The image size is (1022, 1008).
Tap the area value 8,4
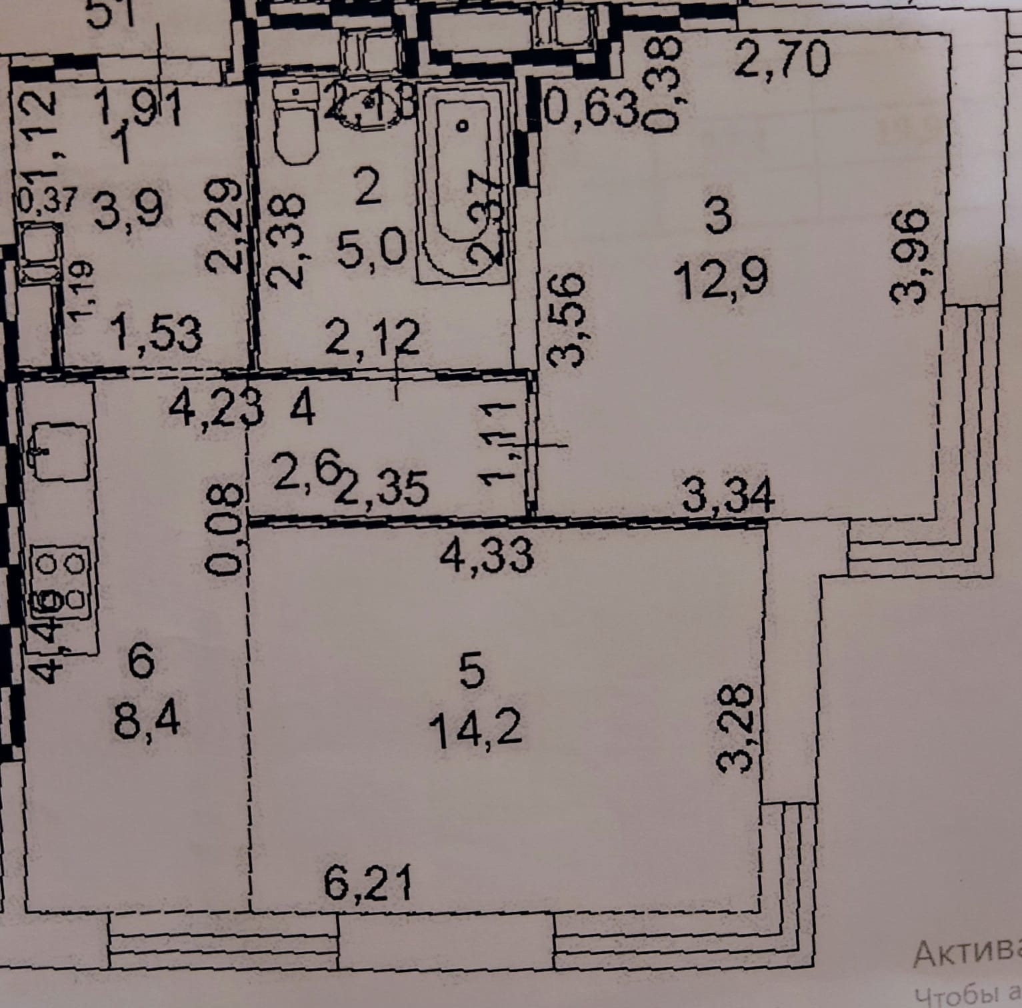click(146, 721)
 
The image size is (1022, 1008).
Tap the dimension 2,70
click(784, 61)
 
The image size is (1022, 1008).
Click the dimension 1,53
click(158, 334)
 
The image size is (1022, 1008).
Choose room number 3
click(718, 217)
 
